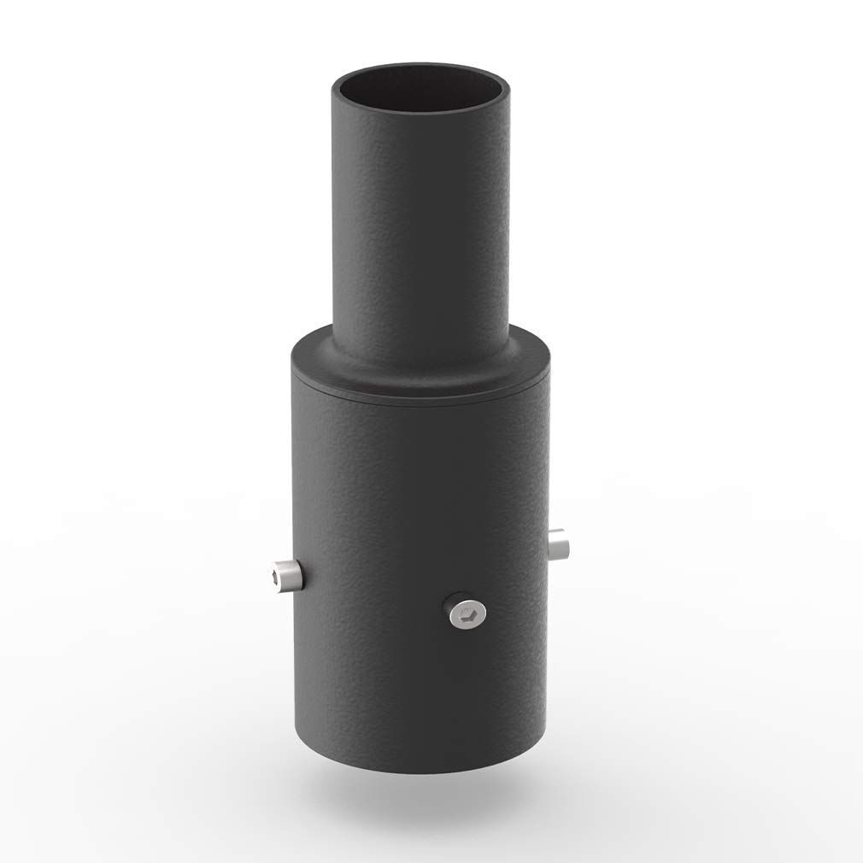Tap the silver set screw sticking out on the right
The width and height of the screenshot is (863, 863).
[559, 544]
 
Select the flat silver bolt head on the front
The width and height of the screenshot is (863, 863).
[466, 611]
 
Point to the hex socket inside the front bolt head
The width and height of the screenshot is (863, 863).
[467, 612]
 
